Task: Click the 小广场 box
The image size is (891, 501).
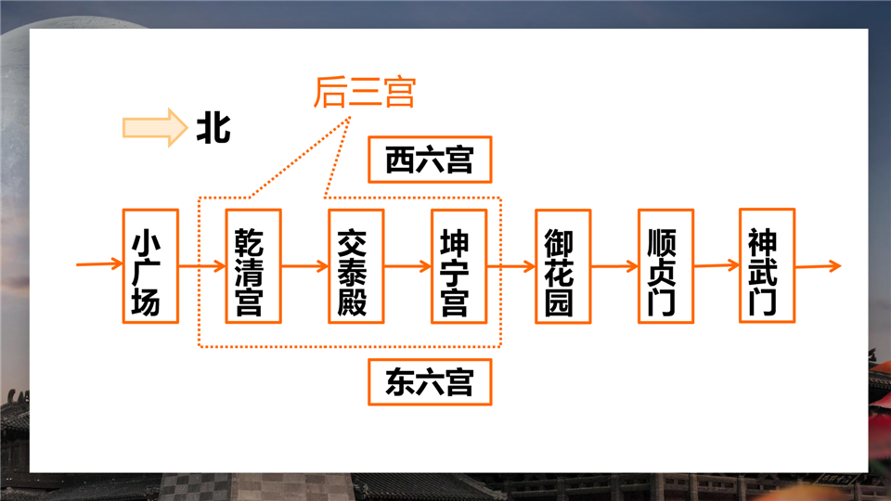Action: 150,266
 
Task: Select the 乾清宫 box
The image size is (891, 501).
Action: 253,266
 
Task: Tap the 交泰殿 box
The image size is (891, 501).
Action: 356,266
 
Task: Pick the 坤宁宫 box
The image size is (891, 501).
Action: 459,266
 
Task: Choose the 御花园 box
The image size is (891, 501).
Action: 563,266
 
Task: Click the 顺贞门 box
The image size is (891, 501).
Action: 666,266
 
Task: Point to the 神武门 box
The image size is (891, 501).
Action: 768,266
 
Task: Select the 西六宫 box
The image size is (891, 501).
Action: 430,160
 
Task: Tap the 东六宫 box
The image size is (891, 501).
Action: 430,382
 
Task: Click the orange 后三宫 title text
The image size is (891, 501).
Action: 365,92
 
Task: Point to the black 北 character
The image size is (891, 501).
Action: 213,127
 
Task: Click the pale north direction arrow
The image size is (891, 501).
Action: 155,127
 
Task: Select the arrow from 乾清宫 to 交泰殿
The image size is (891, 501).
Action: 305,266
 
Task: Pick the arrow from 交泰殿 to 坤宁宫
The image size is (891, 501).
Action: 408,266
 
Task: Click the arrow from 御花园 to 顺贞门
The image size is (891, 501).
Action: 614,266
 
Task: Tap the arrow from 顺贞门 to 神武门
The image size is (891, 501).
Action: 717,265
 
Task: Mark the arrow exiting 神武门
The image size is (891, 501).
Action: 819,266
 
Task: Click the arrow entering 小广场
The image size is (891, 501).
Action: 99,263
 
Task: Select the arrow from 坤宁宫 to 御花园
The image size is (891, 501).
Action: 511,266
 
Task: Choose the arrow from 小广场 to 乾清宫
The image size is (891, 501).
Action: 202,266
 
